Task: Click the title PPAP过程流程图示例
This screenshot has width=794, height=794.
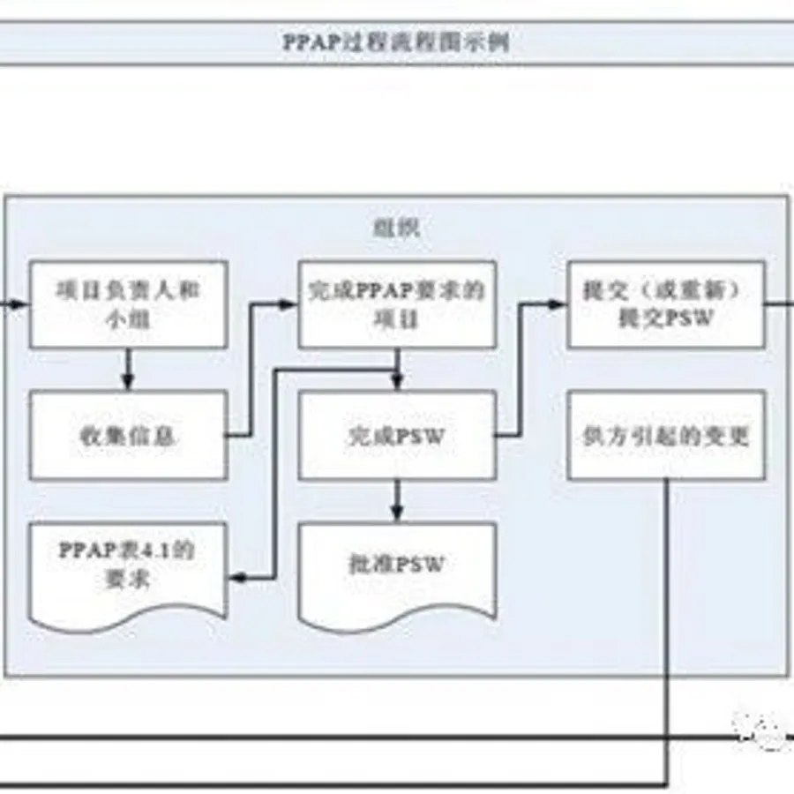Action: pyautogui.click(x=397, y=42)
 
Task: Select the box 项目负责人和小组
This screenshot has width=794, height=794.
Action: pyautogui.click(x=128, y=304)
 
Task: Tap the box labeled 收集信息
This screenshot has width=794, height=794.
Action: pyautogui.click(x=128, y=436)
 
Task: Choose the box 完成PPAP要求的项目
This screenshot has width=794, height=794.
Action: pyautogui.click(x=396, y=304)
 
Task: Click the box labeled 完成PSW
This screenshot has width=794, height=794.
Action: pyautogui.click(x=396, y=436)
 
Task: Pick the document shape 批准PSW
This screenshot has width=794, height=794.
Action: pyautogui.click(x=396, y=565)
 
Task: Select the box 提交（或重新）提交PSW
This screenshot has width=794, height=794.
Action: pyautogui.click(x=665, y=304)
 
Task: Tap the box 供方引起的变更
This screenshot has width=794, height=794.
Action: pyautogui.click(x=665, y=436)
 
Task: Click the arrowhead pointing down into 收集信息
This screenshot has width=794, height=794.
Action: pyautogui.click(x=128, y=383)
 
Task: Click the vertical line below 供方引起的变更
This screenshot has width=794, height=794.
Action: pyautogui.click(x=668, y=618)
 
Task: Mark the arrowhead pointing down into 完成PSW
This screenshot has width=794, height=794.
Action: pyautogui.click(x=397, y=383)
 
